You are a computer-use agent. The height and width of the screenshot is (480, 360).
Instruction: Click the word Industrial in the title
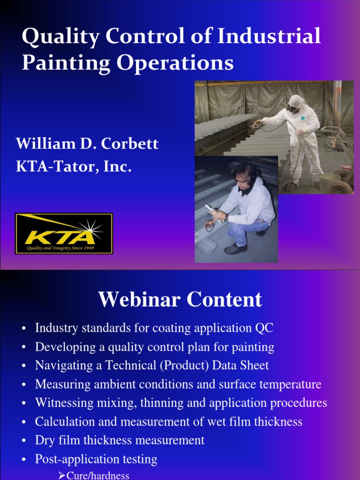coord(269,36)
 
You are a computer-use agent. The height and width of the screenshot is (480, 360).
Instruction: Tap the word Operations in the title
coord(175,63)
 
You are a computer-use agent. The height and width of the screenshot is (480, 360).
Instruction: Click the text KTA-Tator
coord(57,166)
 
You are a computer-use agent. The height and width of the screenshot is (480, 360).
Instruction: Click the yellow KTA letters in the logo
coord(60,237)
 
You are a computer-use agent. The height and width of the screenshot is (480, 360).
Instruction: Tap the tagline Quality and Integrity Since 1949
coord(60,248)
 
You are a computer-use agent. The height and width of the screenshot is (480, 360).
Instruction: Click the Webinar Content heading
coord(180,299)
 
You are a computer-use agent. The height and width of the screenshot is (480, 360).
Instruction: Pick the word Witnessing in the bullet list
coord(64,403)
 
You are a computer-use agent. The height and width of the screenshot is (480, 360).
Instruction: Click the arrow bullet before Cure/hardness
coord(61,476)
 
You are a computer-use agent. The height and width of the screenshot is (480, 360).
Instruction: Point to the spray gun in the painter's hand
coord(256,124)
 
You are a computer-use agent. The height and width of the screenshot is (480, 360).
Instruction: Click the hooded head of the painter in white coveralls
coord(295,104)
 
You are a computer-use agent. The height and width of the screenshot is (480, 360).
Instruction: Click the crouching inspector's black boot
coord(235,248)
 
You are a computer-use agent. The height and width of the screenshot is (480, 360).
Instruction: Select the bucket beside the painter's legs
coord(330,182)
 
